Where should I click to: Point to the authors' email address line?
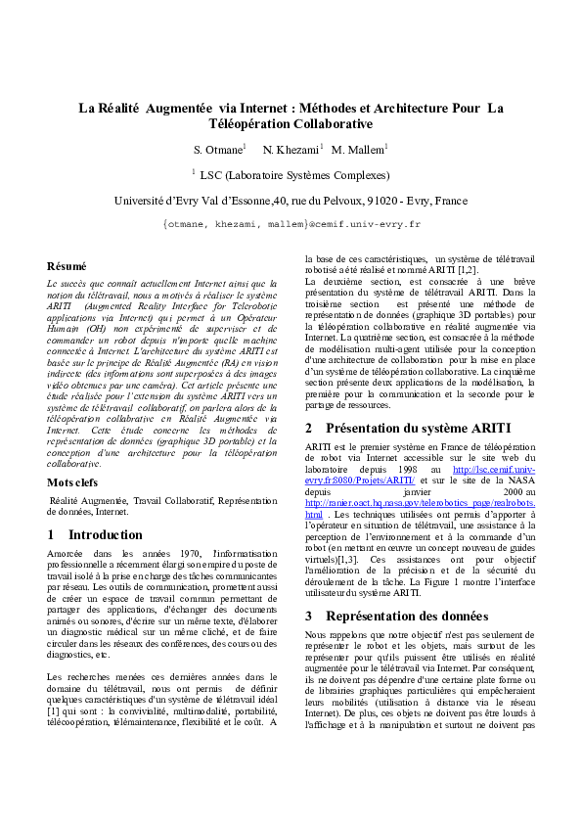click(x=291, y=224)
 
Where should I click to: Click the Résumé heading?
click(x=67, y=266)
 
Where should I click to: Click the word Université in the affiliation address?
click(x=143, y=201)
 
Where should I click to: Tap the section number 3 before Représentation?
click(x=309, y=616)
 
